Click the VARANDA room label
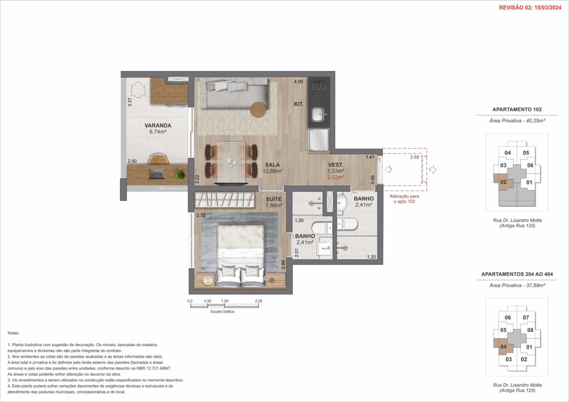(158, 125)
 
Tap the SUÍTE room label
(273, 199)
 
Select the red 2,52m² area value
(335, 177)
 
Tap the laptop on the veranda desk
(156, 174)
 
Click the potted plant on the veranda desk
(180, 175)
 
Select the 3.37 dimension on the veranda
(130, 102)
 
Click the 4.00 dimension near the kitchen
(298, 82)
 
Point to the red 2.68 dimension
(415, 157)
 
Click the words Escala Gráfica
(222, 311)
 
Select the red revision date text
(530, 7)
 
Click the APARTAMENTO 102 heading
(517, 109)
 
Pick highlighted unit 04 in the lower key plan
(503, 347)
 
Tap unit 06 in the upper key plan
(530, 165)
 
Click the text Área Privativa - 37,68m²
(517, 285)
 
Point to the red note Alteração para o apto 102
(404, 199)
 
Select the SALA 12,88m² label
(272, 168)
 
